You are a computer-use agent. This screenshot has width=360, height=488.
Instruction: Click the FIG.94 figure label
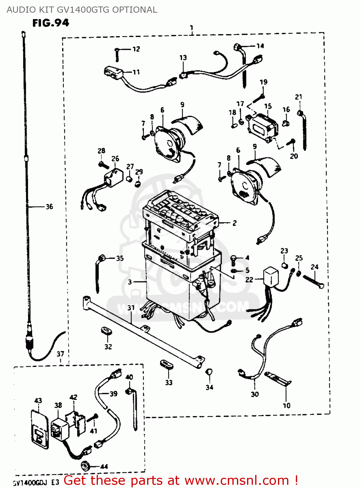(x=50, y=23)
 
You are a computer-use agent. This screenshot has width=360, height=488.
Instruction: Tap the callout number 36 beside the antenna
(x=49, y=207)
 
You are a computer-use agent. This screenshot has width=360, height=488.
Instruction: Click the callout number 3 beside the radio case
(x=130, y=282)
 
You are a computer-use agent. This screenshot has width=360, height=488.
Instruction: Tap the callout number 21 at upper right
(x=298, y=97)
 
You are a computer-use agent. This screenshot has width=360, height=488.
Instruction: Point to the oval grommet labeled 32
(x=106, y=331)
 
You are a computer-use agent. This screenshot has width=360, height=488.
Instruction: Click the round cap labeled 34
(x=209, y=372)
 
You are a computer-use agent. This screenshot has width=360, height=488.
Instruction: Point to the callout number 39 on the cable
(x=113, y=394)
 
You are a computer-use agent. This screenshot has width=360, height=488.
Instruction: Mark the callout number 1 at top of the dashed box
(x=192, y=28)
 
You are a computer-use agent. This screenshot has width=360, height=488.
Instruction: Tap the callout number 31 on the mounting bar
(x=131, y=308)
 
